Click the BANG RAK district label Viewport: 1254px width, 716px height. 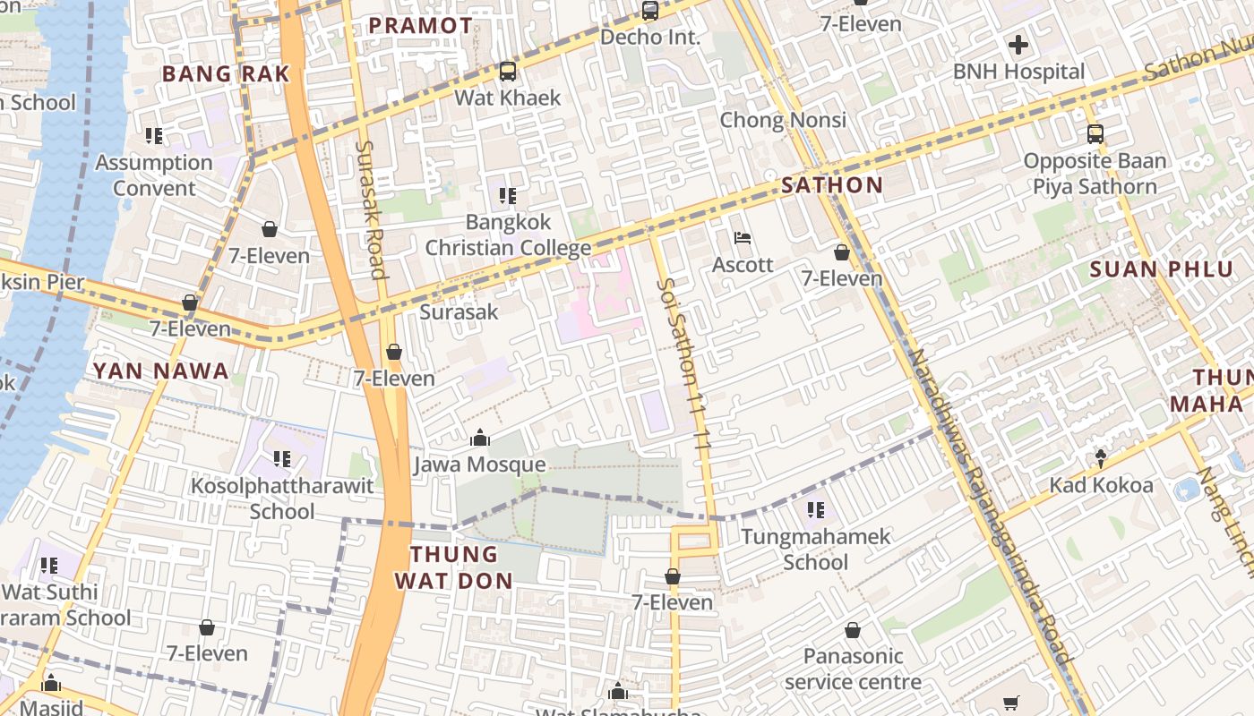pyautogui.click(x=226, y=73)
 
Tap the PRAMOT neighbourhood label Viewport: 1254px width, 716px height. pyautogui.click(x=420, y=25)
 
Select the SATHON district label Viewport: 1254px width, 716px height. pyautogui.click(x=832, y=185)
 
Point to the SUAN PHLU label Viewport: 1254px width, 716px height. pyautogui.click(x=1161, y=269)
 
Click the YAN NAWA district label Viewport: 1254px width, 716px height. pyautogui.click(x=161, y=371)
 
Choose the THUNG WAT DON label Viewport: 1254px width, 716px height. pyautogui.click(x=454, y=567)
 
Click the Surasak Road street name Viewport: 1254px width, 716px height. pyautogui.click(x=370, y=209)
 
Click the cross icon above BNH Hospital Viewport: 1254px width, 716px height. pyautogui.click(x=1018, y=44)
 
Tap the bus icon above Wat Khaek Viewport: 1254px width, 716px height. pyautogui.click(x=508, y=71)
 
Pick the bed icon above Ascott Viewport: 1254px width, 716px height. pyautogui.click(x=743, y=238)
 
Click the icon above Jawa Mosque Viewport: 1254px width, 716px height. pyautogui.click(x=479, y=438)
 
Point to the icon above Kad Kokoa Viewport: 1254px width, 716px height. pyautogui.click(x=1101, y=458)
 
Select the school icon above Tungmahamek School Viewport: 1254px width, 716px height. pyautogui.click(x=815, y=510)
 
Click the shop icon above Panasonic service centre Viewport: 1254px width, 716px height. pyautogui.click(x=853, y=630)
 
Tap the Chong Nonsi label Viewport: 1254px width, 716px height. pyautogui.click(x=783, y=120)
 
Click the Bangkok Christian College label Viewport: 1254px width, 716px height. pyautogui.click(x=508, y=234)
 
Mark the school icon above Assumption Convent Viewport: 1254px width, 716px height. pyautogui.click(x=154, y=136)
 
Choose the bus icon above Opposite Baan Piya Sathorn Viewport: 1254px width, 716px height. pyautogui.click(x=1095, y=134)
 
